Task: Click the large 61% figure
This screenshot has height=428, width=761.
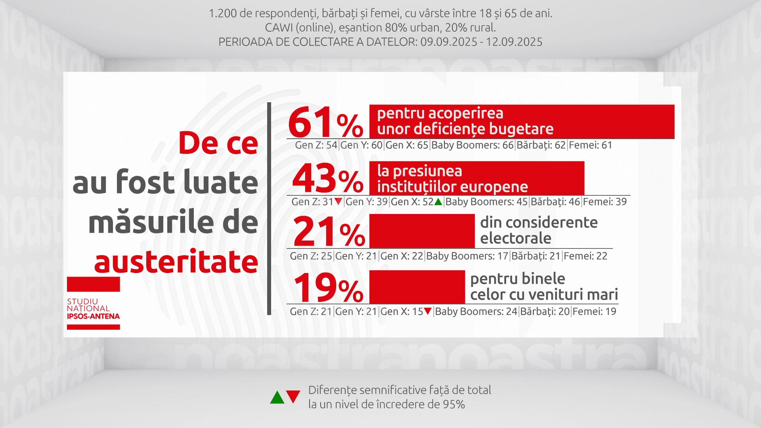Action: click(x=325, y=122)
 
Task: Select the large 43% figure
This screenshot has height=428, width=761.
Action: click(x=327, y=178)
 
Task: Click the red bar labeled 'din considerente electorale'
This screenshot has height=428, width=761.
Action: click(x=422, y=231)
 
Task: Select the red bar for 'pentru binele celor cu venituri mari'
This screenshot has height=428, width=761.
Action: click(x=417, y=287)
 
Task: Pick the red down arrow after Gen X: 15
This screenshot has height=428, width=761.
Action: click(x=428, y=311)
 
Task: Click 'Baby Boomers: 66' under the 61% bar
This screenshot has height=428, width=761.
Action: click(x=472, y=145)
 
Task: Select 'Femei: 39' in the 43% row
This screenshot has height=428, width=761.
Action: click(x=605, y=202)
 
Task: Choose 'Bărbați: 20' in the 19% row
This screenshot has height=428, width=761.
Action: click(x=545, y=311)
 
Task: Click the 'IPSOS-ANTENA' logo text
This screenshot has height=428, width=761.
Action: click(x=93, y=316)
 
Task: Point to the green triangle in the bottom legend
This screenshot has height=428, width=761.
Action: click(x=277, y=397)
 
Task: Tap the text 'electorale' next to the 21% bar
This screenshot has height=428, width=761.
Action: click(x=516, y=239)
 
